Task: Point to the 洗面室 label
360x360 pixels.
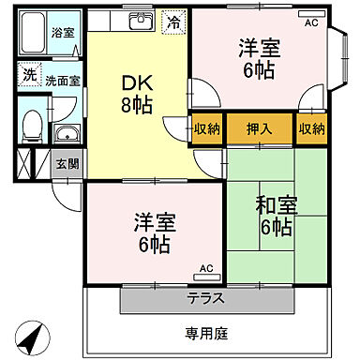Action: [x=66, y=79]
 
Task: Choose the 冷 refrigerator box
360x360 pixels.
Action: [x=174, y=22]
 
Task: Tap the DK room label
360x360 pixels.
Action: [x=133, y=82]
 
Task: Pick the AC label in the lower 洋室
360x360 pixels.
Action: [x=206, y=269]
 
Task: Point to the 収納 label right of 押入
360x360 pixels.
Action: [x=311, y=128]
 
